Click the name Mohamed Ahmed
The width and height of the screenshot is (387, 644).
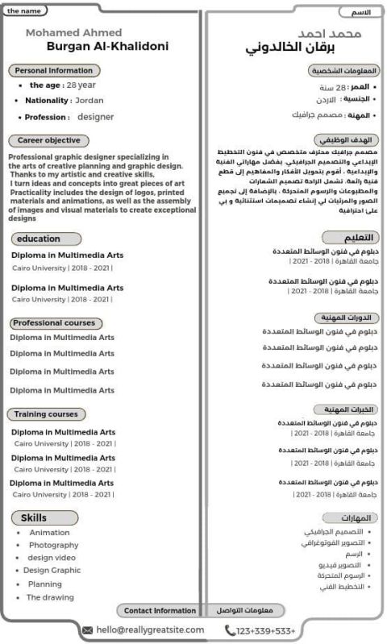[x=74, y=32]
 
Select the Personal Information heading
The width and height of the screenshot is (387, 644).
[x=54, y=71]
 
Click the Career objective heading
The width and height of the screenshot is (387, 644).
[x=48, y=140]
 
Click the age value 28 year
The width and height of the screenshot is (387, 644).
[x=81, y=85]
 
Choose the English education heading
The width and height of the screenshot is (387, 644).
[x=39, y=239]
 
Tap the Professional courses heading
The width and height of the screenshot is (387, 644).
[x=56, y=323]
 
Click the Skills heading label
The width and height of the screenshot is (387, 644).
[x=34, y=517]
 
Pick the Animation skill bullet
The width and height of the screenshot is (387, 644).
[x=49, y=533]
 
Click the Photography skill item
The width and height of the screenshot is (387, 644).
[x=53, y=546]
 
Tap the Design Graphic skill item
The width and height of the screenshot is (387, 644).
[x=52, y=571]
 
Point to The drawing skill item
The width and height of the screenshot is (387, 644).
[x=50, y=597]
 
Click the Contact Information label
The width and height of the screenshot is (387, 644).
[x=160, y=611]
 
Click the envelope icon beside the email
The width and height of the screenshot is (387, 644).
[x=88, y=630]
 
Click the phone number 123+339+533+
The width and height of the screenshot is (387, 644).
[x=266, y=630]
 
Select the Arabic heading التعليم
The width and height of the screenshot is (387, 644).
[x=350, y=238]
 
